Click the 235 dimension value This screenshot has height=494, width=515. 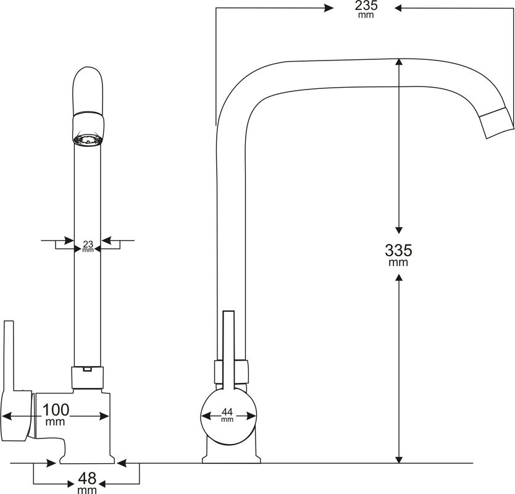click(x=366, y=6)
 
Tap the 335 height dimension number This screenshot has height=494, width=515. click(x=398, y=250)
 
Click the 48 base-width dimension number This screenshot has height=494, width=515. click(x=87, y=479)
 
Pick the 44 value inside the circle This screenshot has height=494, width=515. click(x=227, y=411)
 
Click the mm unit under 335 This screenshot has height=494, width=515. click(x=398, y=263)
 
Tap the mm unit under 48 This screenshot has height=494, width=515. click(x=87, y=490)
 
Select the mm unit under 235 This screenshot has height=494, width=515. click(x=366, y=15)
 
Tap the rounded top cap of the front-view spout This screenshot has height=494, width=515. click(x=88, y=86)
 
